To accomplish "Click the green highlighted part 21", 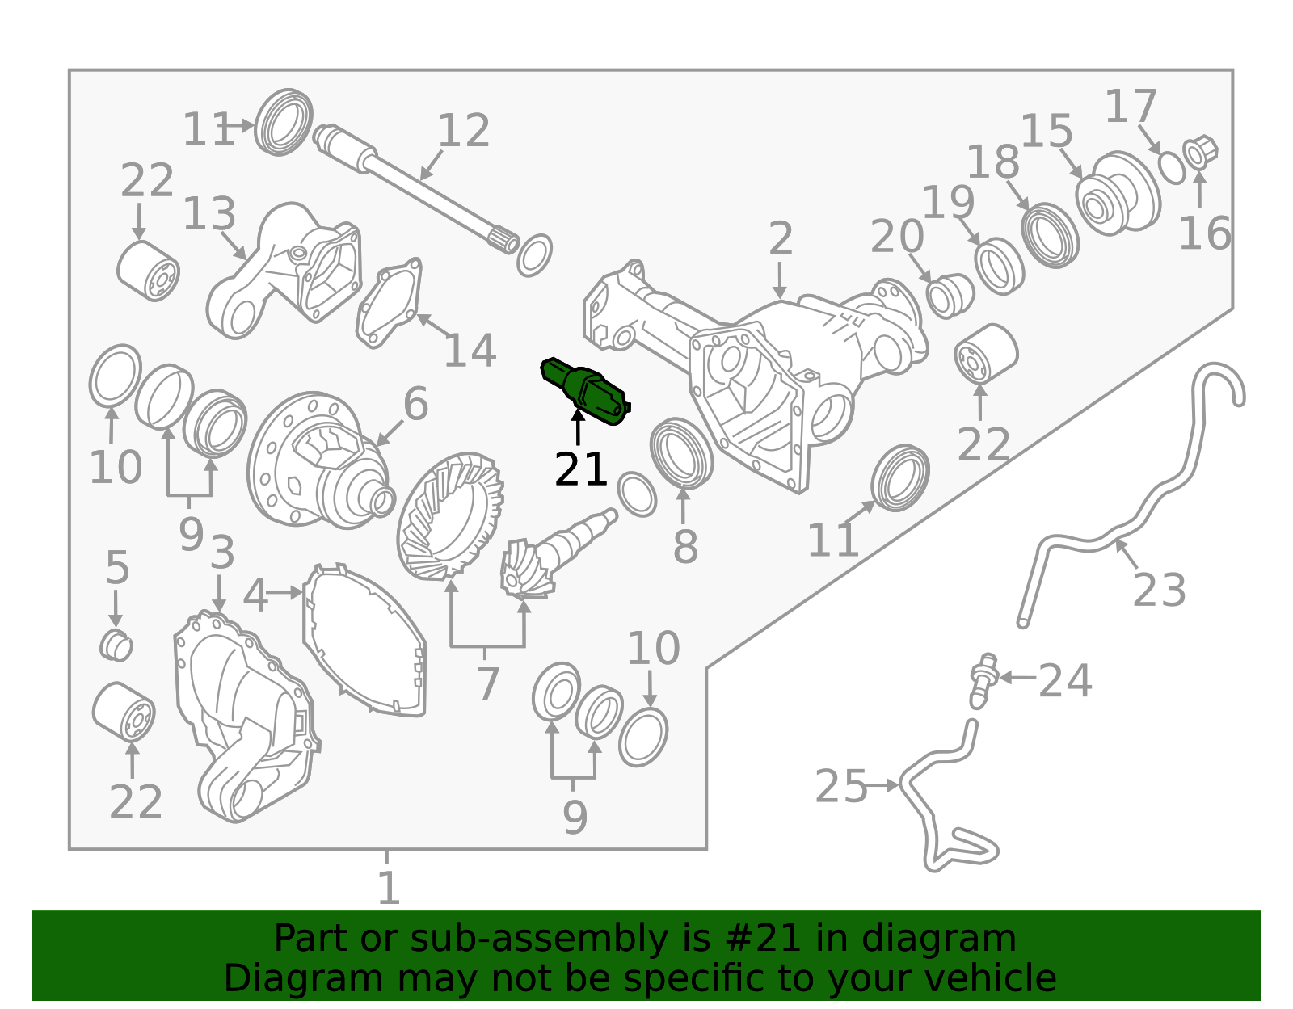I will [588, 391].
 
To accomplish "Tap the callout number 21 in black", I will [579, 469].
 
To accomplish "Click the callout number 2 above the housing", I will [780, 240].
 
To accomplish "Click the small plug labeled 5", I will [116, 645].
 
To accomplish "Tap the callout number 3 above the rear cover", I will [221, 554].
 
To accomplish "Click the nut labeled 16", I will [1200, 151].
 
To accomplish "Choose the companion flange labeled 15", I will [1117, 194].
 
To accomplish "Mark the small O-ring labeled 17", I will [1170, 167].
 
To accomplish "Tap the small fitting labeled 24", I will [983, 679].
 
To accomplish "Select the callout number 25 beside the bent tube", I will [840, 786].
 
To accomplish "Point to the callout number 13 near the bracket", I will [208, 215].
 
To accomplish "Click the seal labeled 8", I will [681, 454].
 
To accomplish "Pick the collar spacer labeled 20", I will [948, 295].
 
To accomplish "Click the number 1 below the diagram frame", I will [389, 888].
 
